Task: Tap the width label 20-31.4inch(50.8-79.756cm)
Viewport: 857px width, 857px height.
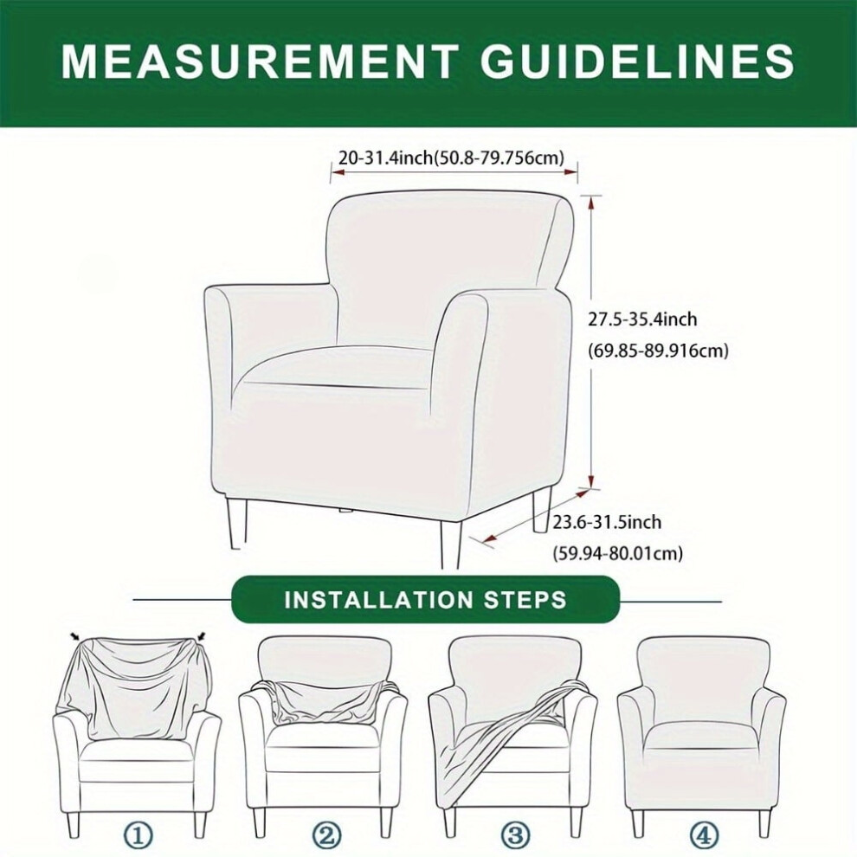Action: pyautogui.click(x=452, y=158)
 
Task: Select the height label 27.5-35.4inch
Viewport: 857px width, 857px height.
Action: pyautogui.click(x=642, y=319)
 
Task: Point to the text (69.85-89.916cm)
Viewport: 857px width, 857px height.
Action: pyautogui.click(x=658, y=350)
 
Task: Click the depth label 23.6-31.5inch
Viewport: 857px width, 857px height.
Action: pyautogui.click(x=607, y=522)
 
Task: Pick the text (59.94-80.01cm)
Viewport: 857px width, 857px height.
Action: pyautogui.click(x=617, y=553)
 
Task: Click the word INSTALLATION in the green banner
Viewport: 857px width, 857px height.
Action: pyautogui.click(x=378, y=600)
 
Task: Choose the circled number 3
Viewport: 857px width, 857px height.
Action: pyautogui.click(x=515, y=835)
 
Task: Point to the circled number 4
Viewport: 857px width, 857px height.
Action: pyautogui.click(x=704, y=835)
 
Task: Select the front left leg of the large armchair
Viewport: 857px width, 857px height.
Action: pyautogui.click(x=237, y=524)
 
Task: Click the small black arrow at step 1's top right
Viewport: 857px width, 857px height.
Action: pyautogui.click(x=202, y=635)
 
